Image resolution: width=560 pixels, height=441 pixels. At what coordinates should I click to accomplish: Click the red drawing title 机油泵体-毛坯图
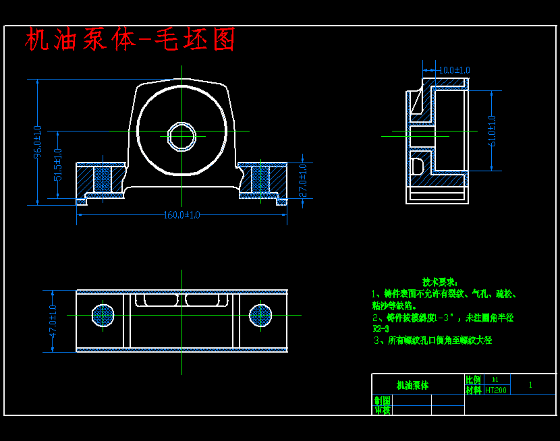click(130, 40)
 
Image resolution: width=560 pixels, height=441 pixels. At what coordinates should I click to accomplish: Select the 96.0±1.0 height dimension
click(38, 142)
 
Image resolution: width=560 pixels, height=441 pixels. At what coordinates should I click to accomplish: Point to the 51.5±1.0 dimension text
click(58, 165)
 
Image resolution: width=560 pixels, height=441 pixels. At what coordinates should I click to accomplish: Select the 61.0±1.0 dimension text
click(491, 131)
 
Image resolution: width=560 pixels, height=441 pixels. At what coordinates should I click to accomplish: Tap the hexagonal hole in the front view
click(181, 136)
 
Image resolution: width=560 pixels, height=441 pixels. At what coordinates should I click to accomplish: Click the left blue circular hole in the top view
click(103, 314)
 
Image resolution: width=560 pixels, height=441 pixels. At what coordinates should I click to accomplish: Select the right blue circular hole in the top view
click(260, 314)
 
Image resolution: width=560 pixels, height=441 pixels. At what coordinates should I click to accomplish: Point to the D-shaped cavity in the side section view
click(416, 165)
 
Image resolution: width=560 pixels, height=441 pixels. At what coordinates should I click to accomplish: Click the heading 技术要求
click(440, 281)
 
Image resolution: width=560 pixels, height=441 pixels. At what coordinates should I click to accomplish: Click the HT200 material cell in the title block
click(496, 390)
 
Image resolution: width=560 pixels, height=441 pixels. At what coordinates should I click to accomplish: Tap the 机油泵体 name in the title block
click(412, 386)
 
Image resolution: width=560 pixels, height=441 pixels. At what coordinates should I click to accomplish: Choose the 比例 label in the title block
click(474, 380)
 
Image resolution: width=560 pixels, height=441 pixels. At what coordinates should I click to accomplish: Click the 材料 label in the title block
click(474, 390)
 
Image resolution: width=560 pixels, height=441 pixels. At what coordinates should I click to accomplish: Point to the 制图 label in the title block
click(383, 401)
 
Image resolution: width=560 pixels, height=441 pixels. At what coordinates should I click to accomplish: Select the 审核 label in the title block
click(383, 409)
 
